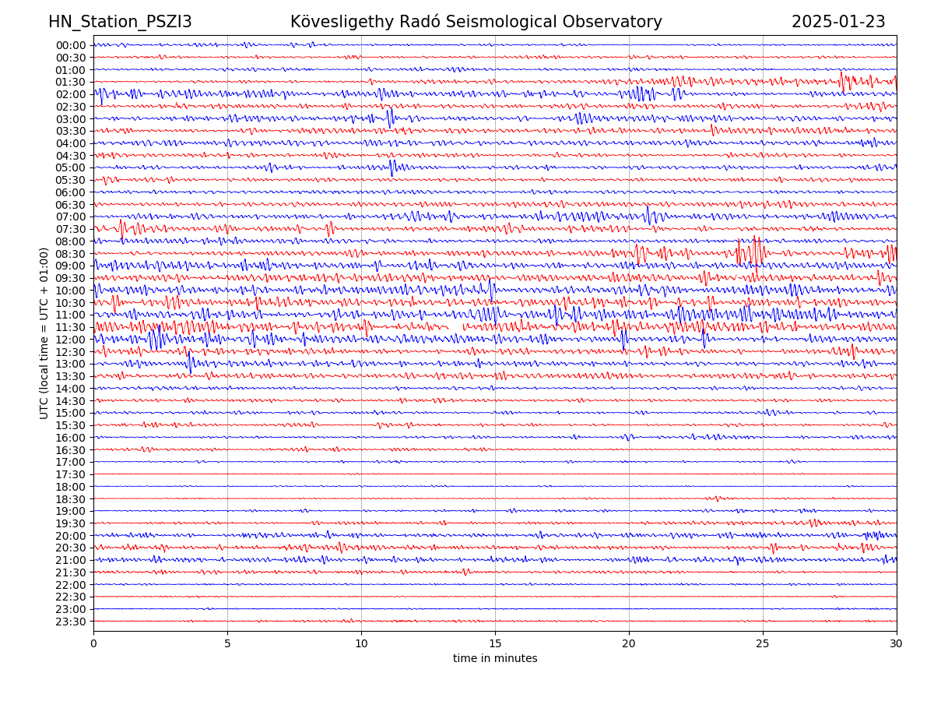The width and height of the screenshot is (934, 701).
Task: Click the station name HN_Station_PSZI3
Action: tap(120, 22)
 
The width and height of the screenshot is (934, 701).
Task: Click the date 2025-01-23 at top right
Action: tap(838, 22)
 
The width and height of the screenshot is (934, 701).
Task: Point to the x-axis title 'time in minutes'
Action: tap(495, 659)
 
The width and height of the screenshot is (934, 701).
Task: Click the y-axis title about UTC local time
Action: tap(44, 333)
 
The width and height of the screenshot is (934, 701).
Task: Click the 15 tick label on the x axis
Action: tap(495, 643)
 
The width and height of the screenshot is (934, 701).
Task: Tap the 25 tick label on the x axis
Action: tap(763, 643)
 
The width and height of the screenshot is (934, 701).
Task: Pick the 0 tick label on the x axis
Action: tap(93, 643)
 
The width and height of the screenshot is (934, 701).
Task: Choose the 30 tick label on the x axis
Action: tap(897, 643)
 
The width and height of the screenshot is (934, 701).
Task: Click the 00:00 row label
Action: tap(71, 45)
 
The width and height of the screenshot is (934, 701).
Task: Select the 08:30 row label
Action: tap(71, 254)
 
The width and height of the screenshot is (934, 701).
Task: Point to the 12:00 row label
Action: tap(71, 340)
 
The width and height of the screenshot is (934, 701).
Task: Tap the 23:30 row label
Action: tap(71, 622)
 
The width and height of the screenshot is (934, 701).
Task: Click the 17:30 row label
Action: tap(71, 474)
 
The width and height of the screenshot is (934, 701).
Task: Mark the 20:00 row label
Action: tap(71, 536)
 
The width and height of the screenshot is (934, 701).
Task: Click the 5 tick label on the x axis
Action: tap(227, 643)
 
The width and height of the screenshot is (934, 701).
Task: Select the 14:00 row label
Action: tap(71, 389)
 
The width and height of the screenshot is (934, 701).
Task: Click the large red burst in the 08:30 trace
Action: tap(751, 252)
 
